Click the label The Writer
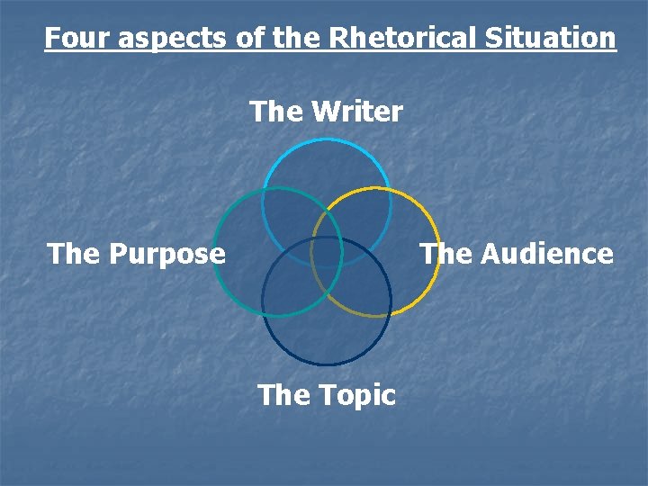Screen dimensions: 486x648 326,112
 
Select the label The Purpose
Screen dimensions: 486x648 136,254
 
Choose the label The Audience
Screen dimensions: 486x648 517,254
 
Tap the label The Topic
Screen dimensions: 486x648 326,394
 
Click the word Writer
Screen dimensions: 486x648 356,112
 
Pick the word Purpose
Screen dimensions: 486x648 166,254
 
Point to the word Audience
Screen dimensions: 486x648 546,254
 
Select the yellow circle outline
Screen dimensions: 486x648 439,252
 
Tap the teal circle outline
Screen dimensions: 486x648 214,252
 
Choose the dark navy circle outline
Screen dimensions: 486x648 327,364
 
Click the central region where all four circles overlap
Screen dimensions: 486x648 327,251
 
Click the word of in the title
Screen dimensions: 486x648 251,38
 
